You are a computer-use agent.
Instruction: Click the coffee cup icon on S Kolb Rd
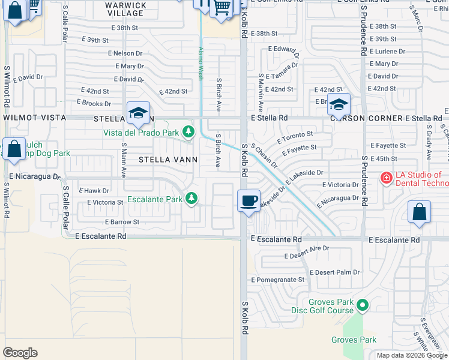pyautogui.click(x=249, y=200)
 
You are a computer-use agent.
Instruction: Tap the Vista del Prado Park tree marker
pyautogui.click(x=189, y=131)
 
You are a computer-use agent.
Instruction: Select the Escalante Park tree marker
pyautogui.click(x=191, y=197)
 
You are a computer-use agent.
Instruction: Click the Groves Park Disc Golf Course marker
pyautogui.click(x=362, y=306)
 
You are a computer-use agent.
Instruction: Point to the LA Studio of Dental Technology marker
pyautogui.click(x=386, y=178)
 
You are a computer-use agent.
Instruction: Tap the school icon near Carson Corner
pyautogui.click(x=339, y=104)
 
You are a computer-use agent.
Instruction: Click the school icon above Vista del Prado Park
pyautogui.click(x=138, y=113)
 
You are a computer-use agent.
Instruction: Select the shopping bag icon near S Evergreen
pyautogui.click(x=419, y=212)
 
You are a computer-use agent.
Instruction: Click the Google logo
pyautogui.click(x=20, y=352)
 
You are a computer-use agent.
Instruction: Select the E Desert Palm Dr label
pyautogui.click(x=335, y=272)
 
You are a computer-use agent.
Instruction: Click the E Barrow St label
pyautogui.click(x=122, y=221)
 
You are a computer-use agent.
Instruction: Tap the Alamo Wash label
pyautogui.click(x=200, y=64)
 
